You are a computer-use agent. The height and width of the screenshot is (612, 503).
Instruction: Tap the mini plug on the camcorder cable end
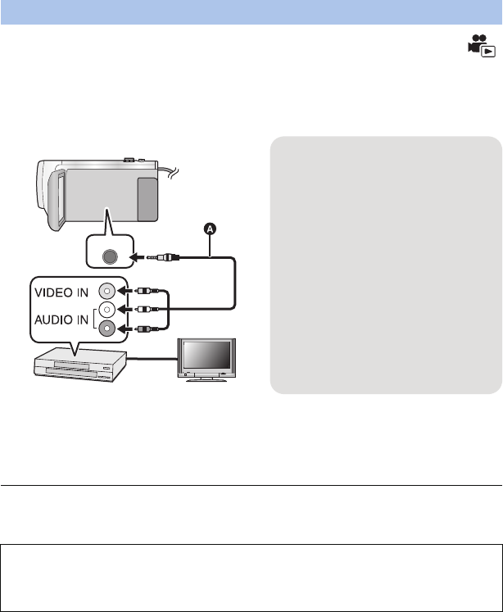point(160,256)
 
